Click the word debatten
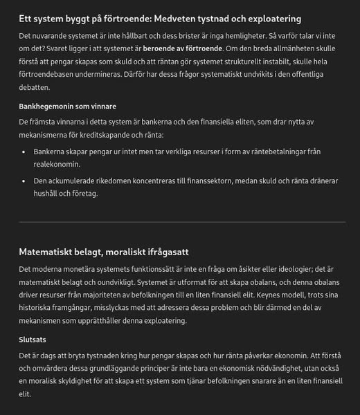[x=35, y=88]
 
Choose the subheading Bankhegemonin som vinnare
[x=67, y=107]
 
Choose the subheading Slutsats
[x=32, y=340]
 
